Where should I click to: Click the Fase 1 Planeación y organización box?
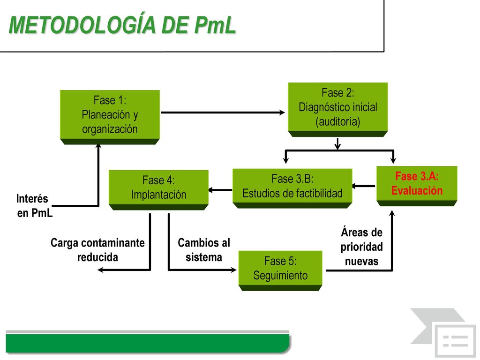(110, 117)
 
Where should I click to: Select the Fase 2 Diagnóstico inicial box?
(338, 110)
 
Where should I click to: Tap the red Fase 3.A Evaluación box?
(417, 186)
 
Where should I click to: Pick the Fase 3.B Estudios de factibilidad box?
(292, 188)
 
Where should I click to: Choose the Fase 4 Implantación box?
(158, 190)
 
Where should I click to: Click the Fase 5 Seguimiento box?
(280, 270)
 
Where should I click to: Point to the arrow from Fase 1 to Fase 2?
(223, 112)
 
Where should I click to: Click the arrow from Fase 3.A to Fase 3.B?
(364, 186)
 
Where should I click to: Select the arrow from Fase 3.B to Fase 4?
(220, 190)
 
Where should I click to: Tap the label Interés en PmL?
(34, 206)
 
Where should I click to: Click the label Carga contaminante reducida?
(97, 250)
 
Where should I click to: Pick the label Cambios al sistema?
(204, 250)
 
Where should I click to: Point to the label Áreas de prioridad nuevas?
(361, 247)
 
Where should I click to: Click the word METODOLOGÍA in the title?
(82, 25)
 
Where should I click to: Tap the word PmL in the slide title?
(215, 25)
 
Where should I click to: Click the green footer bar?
(148, 343)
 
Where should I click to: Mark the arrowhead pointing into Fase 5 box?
(233, 270)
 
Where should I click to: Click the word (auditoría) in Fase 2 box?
(338, 122)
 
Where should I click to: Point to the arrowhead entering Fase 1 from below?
(98, 147)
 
